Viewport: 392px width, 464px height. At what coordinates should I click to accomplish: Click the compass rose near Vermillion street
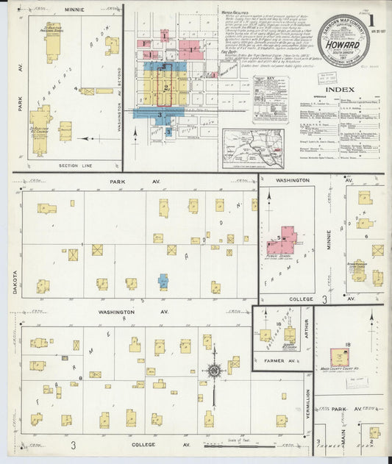click(x=214, y=371)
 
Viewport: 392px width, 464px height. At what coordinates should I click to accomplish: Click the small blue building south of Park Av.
click(x=163, y=281)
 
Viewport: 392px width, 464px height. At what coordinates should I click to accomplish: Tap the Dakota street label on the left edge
click(x=15, y=284)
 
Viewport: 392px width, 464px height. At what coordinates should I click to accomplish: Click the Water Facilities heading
click(x=234, y=13)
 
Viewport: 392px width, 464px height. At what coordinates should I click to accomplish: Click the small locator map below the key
click(x=254, y=148)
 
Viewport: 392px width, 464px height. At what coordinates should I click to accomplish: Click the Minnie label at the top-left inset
click(x=74, y=10)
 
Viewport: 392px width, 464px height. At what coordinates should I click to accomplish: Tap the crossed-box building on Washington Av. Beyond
click(x=88, y=92)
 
